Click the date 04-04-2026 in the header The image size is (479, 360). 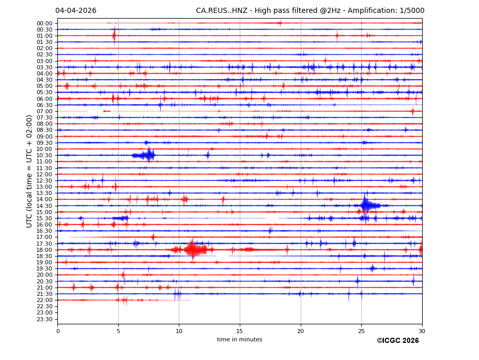click(x=75, y=11)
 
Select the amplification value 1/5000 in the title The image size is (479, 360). click(x=411, y=11)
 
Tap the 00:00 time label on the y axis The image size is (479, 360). click(x=44, y=23)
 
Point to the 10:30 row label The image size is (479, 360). click(x=44, y=155)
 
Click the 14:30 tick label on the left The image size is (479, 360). click(x=44, y=206)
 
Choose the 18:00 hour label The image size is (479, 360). click(x=44, y=250)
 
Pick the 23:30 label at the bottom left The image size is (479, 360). click(x=44, y=319)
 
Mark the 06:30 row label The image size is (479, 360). click(x=44, y=105)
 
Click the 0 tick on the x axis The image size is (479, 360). click(x=58, y=331)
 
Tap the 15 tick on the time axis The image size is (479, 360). click(x=240, y=331)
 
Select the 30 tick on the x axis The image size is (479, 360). click(x=422, y=331)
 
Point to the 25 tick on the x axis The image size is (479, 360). click(x=361, y=331)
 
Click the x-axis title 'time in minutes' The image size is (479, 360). click(x=239, y=340)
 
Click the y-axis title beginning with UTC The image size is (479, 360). click(x=29, y=171)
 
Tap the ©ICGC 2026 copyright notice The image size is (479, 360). click(x=397, y=341)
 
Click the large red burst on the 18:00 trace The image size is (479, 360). click(x=193, y=250)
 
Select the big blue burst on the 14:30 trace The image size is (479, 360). click(x=366, y=205)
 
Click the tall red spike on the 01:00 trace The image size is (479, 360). click(x=114, y=35)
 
